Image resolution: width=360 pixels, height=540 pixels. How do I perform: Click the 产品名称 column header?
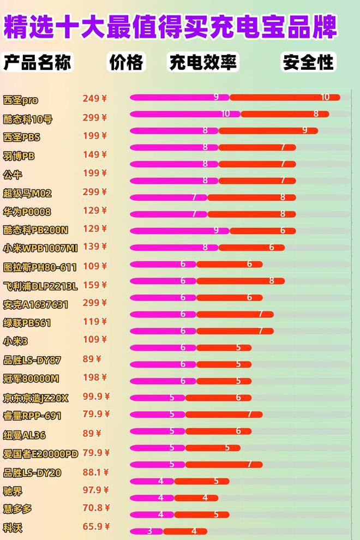point(37,62)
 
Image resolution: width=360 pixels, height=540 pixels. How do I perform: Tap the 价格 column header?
point(126,62)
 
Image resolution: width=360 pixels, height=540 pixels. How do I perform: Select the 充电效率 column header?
point(203,62)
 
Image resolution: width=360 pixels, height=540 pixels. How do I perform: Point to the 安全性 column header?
point(308,62)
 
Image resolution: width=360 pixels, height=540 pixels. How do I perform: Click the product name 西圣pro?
point(21,100)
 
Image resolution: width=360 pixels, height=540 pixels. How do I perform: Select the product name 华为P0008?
point(27,212)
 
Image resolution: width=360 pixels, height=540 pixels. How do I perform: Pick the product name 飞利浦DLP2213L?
point(40,285)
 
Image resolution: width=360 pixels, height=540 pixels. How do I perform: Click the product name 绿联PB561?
point(27,323)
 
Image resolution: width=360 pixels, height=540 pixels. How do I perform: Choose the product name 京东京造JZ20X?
point(35,398)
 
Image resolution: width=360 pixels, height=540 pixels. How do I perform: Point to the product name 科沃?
point(13,528)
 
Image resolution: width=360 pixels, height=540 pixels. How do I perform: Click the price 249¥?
point(95,99)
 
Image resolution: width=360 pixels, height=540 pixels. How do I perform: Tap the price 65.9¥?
point(96,527)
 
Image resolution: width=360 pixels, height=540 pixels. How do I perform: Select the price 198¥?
point(95,377)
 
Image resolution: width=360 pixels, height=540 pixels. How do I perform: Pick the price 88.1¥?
point(96,472)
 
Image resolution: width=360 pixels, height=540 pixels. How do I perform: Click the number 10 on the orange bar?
point(325,97)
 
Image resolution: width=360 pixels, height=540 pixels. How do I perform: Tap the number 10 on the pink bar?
point(226,114)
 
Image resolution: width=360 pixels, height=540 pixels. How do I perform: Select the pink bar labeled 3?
point(146,531)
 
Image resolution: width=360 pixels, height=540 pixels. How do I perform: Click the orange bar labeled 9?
point(267,130)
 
